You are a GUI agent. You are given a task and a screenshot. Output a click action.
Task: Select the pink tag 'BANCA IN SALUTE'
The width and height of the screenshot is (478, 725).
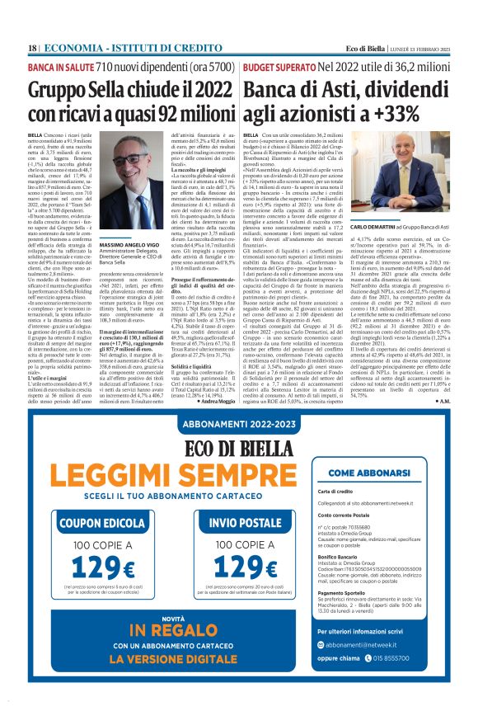(x=60, y=65)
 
